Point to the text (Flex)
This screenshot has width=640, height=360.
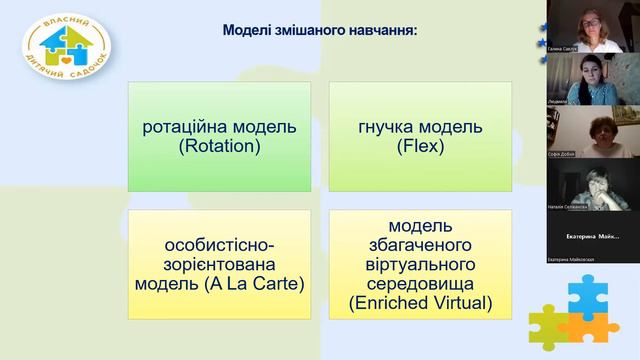point(420,146)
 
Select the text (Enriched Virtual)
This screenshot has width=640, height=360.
point(420,301)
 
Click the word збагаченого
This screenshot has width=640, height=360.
point(420,244)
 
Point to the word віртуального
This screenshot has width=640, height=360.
point(420,263)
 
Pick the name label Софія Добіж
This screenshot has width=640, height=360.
point(563,153)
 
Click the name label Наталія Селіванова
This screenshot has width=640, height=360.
point(568,206)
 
